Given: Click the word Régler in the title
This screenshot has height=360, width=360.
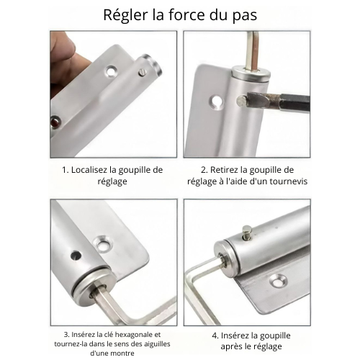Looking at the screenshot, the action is tap(125, 16).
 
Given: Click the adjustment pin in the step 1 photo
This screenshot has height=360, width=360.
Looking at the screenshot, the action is tap(142, 73).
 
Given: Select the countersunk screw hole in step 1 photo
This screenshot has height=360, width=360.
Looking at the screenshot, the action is tap(111, 71).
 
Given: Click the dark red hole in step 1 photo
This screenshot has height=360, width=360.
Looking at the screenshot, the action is tap(55, 122).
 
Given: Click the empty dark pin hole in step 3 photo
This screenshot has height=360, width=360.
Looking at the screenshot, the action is tap(76, 255).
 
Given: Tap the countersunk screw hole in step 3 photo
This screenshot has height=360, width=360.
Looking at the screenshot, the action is tap(104, 245).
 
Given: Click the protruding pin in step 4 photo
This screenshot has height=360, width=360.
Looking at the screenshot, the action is tap(246, 233).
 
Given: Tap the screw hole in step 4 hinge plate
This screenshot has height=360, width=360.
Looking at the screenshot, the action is tap(278, 280).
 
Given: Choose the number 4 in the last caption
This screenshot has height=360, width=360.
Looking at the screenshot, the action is tap(215, 336).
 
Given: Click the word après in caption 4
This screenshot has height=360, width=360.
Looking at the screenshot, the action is tap(232, 347).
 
